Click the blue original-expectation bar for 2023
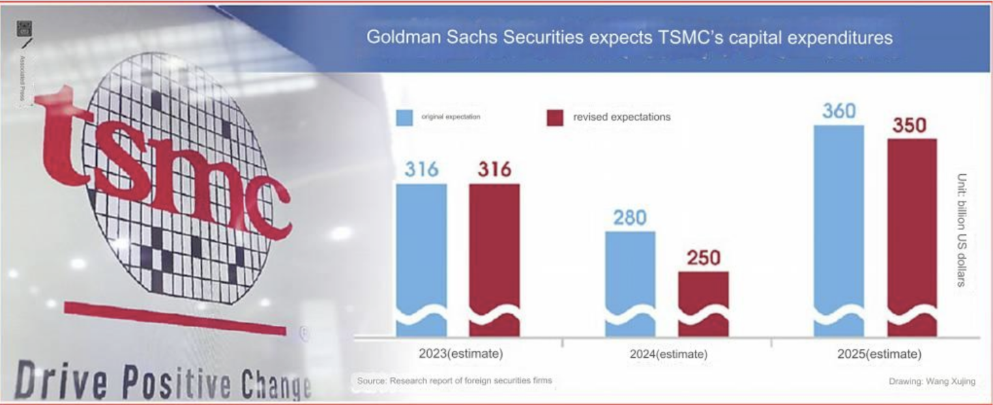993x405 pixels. tap(421, 260)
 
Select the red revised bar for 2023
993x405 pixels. tap(494, 260)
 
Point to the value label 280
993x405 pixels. tap(630, 217)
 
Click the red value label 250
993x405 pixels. tap(702, 257)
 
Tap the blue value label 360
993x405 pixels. tap(839, 111)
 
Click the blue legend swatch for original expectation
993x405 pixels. tap(404, 117)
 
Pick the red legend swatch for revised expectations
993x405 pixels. tap(555, 117)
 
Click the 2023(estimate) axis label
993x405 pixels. tap(460, 354)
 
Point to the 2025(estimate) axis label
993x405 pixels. tap(880, 354)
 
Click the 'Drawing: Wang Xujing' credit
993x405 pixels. tap(932, 380)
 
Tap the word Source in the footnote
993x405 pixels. tap(372, 380)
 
